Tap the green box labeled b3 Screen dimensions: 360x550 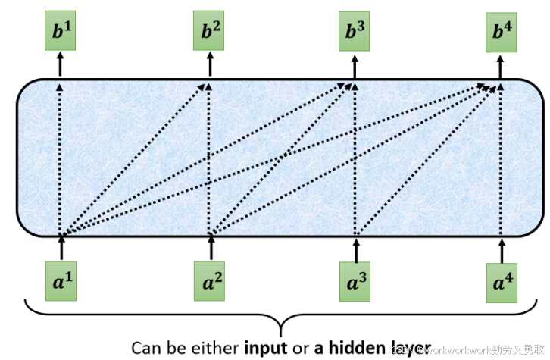[355, 32]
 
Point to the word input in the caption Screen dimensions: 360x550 [264, 348]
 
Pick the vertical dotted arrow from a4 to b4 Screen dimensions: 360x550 [502, 159]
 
